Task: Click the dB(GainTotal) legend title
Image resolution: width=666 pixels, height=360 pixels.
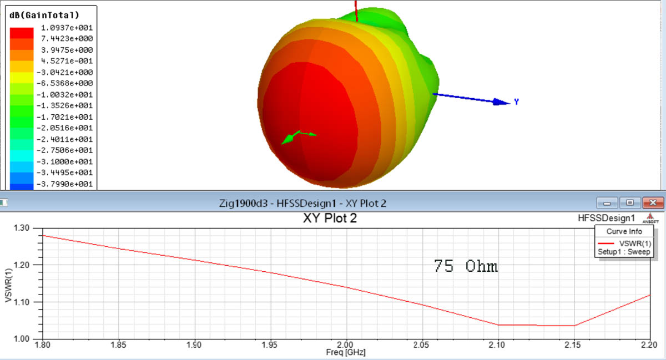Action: pyautogui.click(x=45, y=15)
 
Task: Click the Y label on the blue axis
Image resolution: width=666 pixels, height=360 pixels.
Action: pyautogui.click(x=517, y=102)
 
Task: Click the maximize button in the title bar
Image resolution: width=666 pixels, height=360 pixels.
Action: pyautogui.click(x=629, y=202)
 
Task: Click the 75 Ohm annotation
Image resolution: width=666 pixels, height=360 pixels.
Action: pyautogui.click(x=466, y=266)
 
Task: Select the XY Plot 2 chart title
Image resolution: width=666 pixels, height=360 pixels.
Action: pyautogui.click(x=330, y=218)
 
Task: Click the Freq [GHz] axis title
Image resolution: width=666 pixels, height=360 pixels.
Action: pyautogui.click(x=346, y=353)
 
